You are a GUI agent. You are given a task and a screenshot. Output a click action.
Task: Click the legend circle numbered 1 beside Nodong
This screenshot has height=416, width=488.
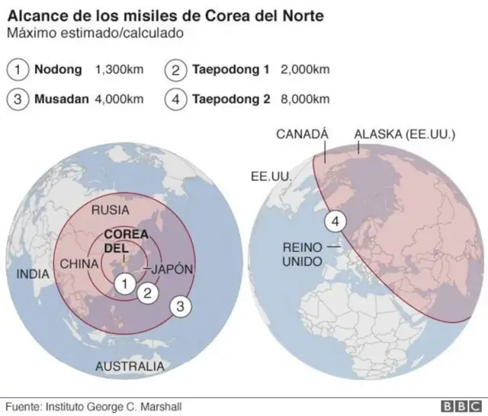[x=18, y=70]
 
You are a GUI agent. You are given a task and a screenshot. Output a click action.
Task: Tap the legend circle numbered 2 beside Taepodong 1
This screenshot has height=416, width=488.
[x=175, y=70]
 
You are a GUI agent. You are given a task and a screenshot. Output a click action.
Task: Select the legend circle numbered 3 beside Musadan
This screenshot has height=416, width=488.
[x=18, y=99]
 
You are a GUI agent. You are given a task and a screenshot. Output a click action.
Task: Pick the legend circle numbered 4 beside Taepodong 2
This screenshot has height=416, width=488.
[x=175, y=99]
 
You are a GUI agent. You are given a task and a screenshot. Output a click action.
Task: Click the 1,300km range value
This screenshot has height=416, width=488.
[x=118, y=70]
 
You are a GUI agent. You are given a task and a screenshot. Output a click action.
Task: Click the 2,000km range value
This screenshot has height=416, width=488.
[x=305, y=70]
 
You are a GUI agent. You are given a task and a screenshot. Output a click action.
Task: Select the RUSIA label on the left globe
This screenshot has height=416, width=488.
[x=110, y=209]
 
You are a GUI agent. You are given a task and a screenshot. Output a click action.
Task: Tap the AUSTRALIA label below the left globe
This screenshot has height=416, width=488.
[x=130, y=367]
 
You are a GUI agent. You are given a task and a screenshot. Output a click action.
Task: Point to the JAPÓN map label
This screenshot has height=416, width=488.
[x=172, y=269]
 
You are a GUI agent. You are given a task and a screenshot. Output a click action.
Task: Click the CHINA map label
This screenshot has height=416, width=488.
[x=79, y=264]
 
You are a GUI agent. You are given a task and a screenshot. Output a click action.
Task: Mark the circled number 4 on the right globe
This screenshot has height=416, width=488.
[x=335, y=221]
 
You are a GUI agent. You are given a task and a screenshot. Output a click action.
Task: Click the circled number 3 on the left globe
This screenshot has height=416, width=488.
[x=180, y=306]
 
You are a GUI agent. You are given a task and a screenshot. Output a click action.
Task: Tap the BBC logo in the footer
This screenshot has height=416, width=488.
[x=457, y=406]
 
